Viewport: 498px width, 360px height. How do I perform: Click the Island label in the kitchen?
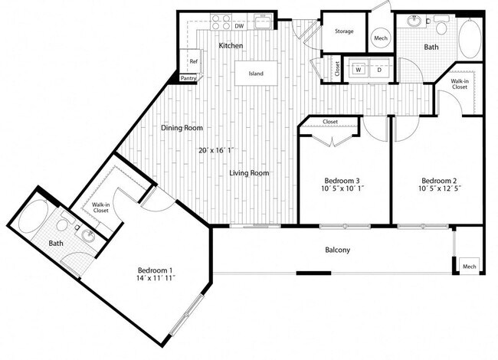click(255, 74)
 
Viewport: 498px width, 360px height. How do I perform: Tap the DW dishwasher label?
click(239, 27)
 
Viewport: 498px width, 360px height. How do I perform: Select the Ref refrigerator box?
click(194, 62)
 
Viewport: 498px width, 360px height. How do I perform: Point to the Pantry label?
click(188, 78)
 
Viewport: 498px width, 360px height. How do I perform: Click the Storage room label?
click(344, 31)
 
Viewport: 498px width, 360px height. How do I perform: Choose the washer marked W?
click(358, 69)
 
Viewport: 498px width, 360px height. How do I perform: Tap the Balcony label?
click(337, 250)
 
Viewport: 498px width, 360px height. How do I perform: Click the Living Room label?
click(249, 173)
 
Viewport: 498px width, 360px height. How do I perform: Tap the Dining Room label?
click(182, 128)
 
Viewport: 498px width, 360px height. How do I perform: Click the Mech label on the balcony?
click(469, 266)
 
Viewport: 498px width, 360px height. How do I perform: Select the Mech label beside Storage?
click(380, 38)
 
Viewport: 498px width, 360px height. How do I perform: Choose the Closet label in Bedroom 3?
click(330, 122)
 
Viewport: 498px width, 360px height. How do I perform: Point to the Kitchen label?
click(231, 46)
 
